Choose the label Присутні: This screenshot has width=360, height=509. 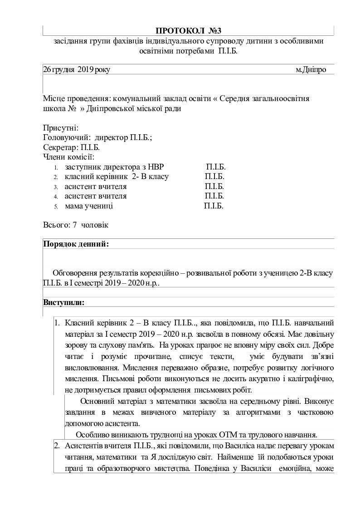[61, 128]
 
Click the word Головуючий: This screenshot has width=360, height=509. [63, 138]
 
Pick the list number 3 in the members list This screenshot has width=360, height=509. [55, 187]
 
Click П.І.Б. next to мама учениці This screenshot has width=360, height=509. [214, 206]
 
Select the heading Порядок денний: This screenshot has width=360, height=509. [76, 244]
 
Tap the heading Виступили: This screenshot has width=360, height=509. [63, 302]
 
